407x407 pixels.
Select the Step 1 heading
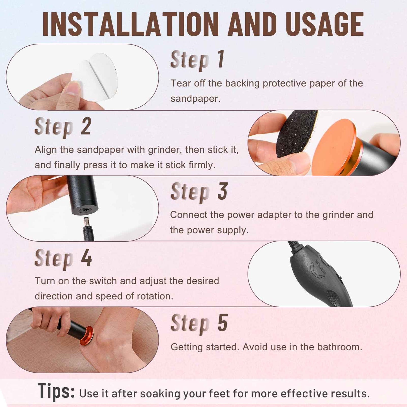pos(197,60)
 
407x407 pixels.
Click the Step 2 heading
pos(63,127)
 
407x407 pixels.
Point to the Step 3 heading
pos(199,192)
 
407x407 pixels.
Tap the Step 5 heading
pos(199,323)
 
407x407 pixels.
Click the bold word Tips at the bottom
pos(56,391)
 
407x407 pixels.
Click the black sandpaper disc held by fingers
pos(296,132)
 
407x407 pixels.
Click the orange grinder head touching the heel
pos(86,336)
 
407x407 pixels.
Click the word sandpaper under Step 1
pos(195,99)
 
